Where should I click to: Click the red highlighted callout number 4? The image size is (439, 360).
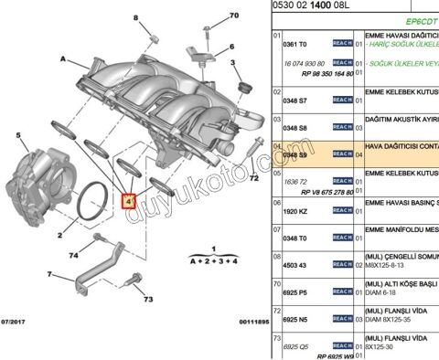[128, 199]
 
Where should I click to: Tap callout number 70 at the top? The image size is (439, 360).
[233, 16]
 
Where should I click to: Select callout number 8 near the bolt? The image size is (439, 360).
[137, 18]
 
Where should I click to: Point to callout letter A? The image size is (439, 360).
[63, 58]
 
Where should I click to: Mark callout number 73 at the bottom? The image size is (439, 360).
[148, 299]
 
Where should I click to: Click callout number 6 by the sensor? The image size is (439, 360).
[233, 46]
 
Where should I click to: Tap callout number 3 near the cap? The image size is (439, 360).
[235, 63]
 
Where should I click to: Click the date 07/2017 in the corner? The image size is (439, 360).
[15, 322]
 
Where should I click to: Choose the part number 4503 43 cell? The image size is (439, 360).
[295, 265]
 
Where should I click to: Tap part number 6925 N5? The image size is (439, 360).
[295, 320]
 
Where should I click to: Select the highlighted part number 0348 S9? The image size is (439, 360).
[295, 155]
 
